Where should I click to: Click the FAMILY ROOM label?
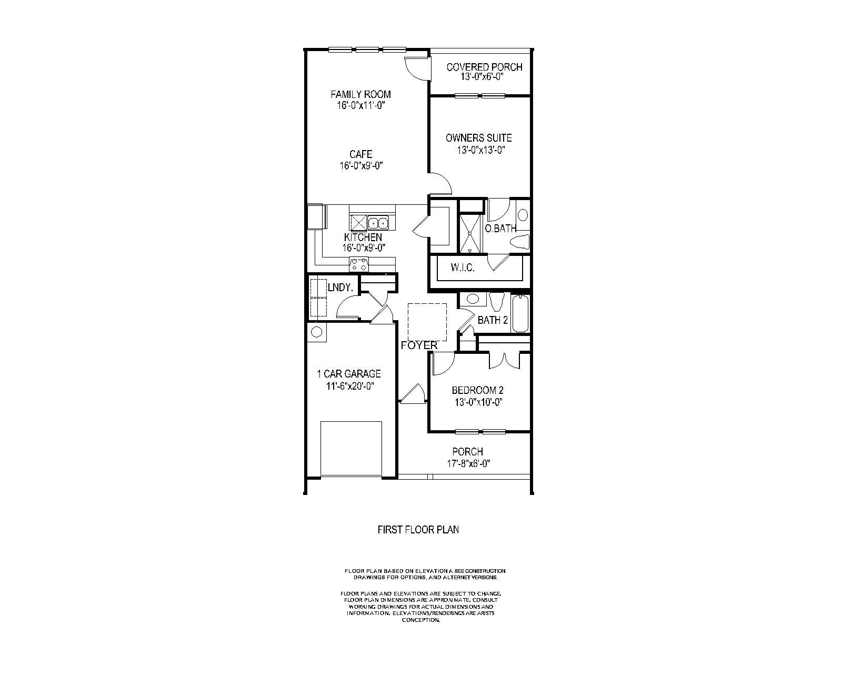tap(360, 95)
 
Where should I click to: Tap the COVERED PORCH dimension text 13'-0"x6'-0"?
tap(484, 77)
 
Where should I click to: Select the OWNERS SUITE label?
tap(478, 138)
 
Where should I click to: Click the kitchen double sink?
tap(377, 222)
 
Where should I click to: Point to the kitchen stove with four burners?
tap(359, 264)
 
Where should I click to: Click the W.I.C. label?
tap(463, 268)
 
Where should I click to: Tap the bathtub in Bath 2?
tap(520, 314)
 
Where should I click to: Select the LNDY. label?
tap(340, 288)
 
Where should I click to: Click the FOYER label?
tap(419, 345)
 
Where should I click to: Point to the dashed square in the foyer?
tap(427, 322)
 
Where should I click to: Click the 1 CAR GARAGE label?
tap(348, 374)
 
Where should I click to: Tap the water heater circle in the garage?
tap(316, 332)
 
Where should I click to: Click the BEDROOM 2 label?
tap(478, 391)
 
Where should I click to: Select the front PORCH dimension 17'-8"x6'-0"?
tap(467, 464)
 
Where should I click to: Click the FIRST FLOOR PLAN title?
tap(418, 530)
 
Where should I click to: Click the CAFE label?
tap(360, 154)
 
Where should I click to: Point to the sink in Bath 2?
tap(473, 299)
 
